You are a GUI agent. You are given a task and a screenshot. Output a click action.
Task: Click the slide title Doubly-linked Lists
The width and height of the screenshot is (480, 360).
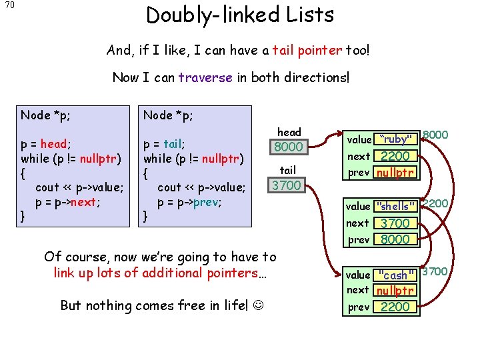coord(240,15)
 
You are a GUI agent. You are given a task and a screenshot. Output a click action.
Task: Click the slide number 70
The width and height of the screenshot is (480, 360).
coord(10,6)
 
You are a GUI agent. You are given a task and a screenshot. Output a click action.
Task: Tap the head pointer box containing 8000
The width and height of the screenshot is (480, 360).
coord(289,147)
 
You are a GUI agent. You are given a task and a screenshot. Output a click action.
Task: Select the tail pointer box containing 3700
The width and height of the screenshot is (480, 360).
coord(287,185)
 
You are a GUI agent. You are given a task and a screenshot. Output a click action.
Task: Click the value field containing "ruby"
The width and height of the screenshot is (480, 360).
coord(395,139)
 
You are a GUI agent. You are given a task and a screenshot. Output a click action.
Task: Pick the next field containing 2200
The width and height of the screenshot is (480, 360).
coord(395,157)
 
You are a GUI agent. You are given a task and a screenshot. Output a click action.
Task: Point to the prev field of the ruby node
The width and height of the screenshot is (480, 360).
coord(395,173)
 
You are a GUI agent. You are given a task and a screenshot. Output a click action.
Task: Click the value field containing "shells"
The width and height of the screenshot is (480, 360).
coord(395,206)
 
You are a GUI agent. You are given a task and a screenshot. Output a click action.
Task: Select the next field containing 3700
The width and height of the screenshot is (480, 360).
coord(395,223)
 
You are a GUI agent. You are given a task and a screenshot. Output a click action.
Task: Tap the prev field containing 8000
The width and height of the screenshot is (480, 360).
coord(395,239)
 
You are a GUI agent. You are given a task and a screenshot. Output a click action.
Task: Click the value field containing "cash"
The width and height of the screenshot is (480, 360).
coord(395,275)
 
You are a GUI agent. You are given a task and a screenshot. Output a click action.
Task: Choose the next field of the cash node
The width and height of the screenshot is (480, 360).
coord(395,291)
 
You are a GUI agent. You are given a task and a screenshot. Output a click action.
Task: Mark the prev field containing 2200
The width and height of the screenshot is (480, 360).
coord(395,307)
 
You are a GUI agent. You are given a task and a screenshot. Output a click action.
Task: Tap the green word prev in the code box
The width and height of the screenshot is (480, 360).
coord(207,202)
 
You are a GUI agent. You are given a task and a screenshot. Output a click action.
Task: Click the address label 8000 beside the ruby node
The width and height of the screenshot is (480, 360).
coord(435,135)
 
